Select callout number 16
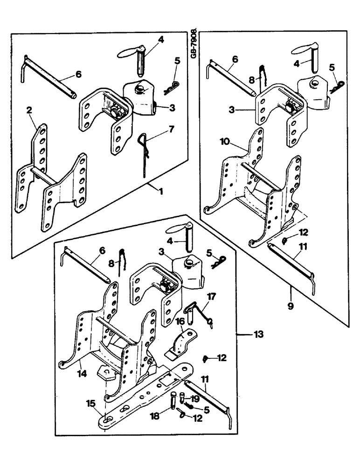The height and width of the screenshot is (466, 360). (180, 321)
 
